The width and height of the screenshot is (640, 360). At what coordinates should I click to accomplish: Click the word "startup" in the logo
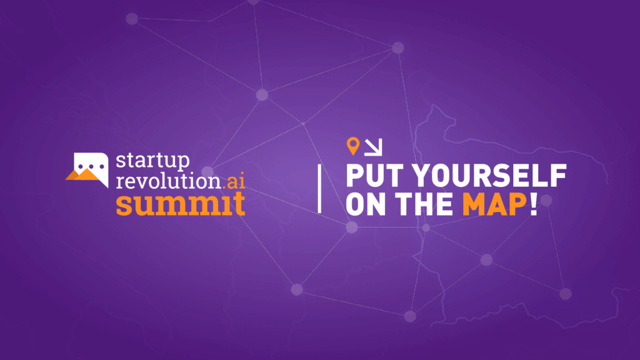[x=152, y=161]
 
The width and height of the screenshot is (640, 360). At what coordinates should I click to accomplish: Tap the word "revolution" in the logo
[x=169, y=181]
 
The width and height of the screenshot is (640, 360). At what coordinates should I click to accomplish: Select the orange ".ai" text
[x=234, y=181]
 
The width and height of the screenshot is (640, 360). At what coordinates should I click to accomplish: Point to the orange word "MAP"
[x=495, y=204]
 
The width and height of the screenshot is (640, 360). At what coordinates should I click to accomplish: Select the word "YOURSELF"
[x=489, y=176]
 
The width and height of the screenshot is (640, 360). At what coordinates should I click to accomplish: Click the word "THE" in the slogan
[x=424, y=204]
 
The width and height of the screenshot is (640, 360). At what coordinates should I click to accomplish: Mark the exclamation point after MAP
[x=534, y=204]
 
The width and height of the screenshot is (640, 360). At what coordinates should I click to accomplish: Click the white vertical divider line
[x=319, y=189]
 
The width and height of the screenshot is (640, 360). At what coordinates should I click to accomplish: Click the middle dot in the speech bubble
[x=91, y=166]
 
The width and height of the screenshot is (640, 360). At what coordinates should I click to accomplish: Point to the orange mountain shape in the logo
[x=83, y=175]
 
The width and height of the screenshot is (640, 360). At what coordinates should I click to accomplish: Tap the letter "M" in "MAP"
[x=474, y=204]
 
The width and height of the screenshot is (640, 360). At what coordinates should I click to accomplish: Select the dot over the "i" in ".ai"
[x=242, y=174]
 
